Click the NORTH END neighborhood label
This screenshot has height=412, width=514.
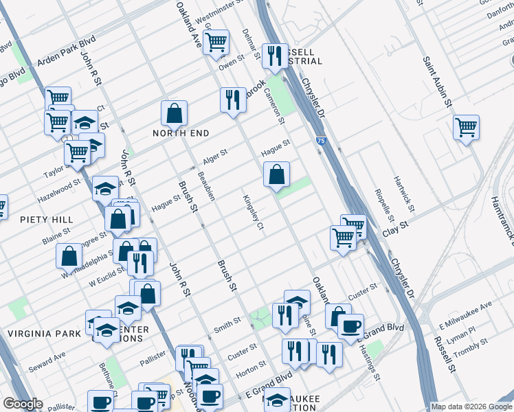point(181,133)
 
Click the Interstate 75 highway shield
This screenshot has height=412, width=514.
point(322,141)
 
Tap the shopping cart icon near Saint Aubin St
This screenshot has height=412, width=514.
point(467,126)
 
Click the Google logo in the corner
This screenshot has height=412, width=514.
point(23,404)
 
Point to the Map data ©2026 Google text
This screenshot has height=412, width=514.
point(471,407)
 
